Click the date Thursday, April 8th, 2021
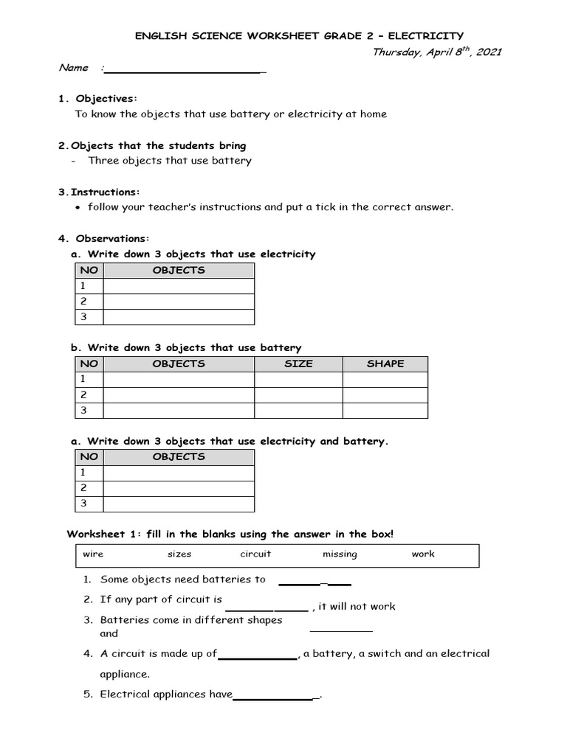[x=437, y=52]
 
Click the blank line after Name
[x=185, y=70]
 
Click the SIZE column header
[x=298, y=363]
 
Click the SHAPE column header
[x=385, y=363]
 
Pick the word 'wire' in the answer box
[x=93, y=554]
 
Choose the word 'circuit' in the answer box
[x=255, y=554]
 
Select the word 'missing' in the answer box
[x=340, y=554]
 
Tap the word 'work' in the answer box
[x=423, y=554]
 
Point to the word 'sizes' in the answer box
[x=179, y=554]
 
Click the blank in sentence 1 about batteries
[x=315, y=582]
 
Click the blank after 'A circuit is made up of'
[x=257, y=656]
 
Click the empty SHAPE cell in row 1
[x=385, y=379]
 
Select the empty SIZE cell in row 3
[x=298, y=411]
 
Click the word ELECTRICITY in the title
[x=427, y=35]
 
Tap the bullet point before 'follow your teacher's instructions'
[x=79, y=208]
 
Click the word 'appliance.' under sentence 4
[x=125, y=674]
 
